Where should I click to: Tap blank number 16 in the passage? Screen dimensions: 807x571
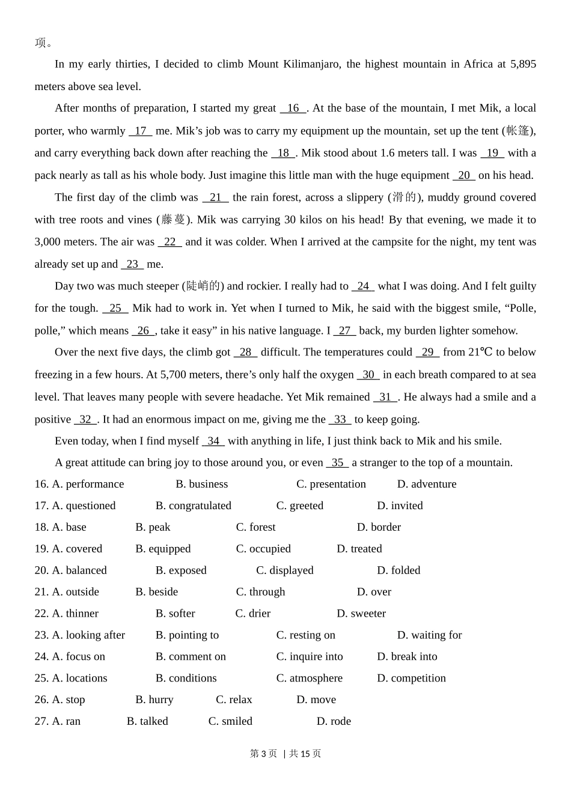293,108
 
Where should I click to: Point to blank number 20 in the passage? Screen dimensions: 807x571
464,175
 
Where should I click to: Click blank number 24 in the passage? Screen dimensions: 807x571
363,286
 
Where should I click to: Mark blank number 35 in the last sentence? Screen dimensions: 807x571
338,462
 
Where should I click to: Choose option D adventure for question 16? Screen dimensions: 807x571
427,484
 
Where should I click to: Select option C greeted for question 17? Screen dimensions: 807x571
300,506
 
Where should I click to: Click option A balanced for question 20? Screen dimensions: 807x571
79,570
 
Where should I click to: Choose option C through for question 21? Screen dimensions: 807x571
261,592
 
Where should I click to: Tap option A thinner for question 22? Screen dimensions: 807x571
75,614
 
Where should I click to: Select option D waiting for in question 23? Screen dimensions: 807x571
429,635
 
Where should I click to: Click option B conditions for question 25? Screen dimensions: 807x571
186,679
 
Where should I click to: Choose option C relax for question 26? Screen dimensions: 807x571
234,700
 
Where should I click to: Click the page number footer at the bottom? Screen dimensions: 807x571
285,754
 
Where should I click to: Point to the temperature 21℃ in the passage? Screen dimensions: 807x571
480,352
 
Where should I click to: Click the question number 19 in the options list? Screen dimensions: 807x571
41,549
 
